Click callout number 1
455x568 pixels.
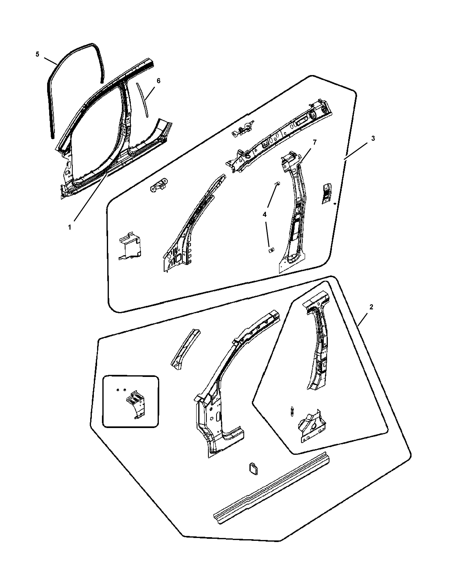click(70, 227)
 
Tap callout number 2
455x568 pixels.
click(371, 307)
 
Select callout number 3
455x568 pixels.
click(373, 139)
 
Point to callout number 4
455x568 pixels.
click(264, 214)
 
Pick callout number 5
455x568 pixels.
click(37, 54)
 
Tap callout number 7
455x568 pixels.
click(314, 142)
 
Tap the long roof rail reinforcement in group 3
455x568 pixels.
click(279, 137)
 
